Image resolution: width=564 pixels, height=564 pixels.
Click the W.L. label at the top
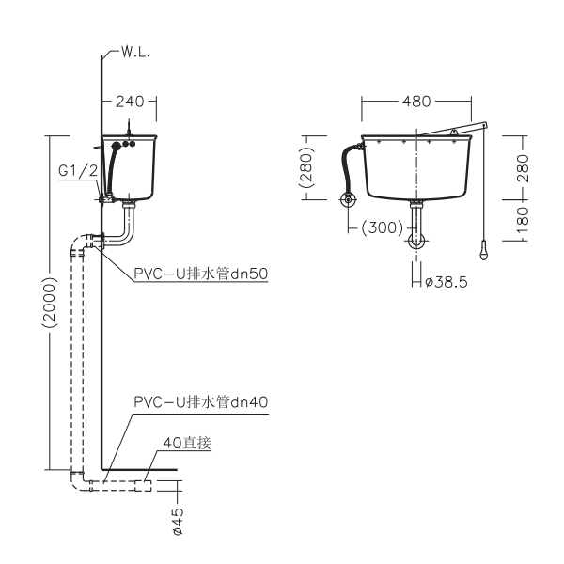pyautogui.click(x=135, y=53)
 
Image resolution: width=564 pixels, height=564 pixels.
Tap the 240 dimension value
pyautogui.click(x=130, y=102)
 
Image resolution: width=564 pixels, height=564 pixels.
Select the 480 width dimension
pyautogui.click(x=416, y=102)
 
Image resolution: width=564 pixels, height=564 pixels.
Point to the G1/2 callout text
pyautogui.click(x=78, y=170)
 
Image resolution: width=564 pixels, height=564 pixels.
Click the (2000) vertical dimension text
pyautogui.click(x=50, y=302)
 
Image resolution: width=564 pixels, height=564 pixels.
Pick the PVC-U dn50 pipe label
pyautogui.click(x=201, y=274)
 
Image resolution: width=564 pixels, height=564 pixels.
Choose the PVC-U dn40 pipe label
pyautogui.click(x=201, y=401)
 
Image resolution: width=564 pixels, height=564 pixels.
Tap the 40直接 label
pyautogui.click(x=187, y=443)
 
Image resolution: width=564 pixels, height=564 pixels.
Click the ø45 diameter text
pyautogui.click(x=178, y=521)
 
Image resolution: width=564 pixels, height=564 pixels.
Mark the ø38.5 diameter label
pyautogui.click(x=446, y=282)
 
